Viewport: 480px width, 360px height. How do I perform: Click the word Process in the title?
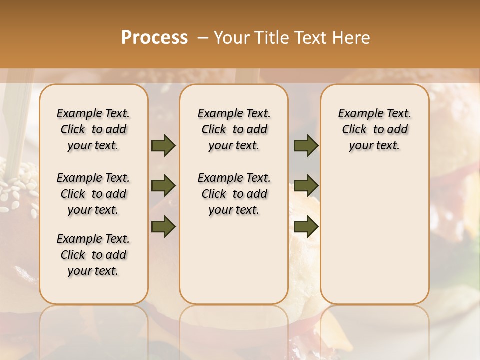(154, 38)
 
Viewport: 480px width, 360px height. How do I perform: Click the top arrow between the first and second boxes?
(163, 146)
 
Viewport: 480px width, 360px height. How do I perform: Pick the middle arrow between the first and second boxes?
(163, 186)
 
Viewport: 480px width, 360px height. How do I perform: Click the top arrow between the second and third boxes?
(306, 146)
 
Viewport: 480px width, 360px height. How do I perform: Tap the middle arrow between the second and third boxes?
(306, 186)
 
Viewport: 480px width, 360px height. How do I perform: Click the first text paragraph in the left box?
(93, 129)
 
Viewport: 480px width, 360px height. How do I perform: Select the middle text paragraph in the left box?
(93, 194)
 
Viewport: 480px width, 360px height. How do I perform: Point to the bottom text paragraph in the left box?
(93, 255)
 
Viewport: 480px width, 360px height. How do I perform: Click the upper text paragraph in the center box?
(234, 129)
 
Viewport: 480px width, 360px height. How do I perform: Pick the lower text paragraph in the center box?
(234, 194)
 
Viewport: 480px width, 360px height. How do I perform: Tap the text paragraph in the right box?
(375, 129)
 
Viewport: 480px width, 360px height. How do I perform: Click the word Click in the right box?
(354, 130)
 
